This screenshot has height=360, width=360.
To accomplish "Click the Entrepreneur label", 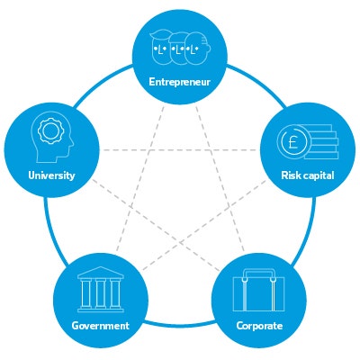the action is click(x=180, y=82).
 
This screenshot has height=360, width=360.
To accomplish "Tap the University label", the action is click(x=51, y=175).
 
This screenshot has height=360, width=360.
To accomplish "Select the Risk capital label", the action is click(x=308, y=175).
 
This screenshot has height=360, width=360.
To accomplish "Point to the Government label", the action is click(x=101, y=326).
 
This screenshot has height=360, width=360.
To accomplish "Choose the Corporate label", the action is click(x=259, y=326).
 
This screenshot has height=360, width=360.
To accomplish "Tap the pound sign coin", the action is click(x=292, y=142).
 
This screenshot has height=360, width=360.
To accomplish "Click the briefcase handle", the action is click(x=259, y=274).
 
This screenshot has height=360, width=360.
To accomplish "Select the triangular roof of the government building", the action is click(x=101, y=273).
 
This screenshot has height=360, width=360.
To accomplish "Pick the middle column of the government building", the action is click(x=101, y=293).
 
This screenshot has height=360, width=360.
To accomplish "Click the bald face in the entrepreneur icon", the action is click(x=196, y=49).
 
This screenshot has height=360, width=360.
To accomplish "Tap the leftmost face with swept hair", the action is click(x=160, y=47).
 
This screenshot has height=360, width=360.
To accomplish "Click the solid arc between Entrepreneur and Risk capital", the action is click(x=259, y=84).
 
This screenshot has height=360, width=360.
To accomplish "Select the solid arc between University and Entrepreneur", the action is click(x=101, y=84).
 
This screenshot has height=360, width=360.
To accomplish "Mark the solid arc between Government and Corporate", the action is click(x=180, y=323).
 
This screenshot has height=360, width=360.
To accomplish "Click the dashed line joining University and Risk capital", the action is click(x=180, y=149).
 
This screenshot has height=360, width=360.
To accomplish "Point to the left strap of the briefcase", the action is click(x=245, y=294).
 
